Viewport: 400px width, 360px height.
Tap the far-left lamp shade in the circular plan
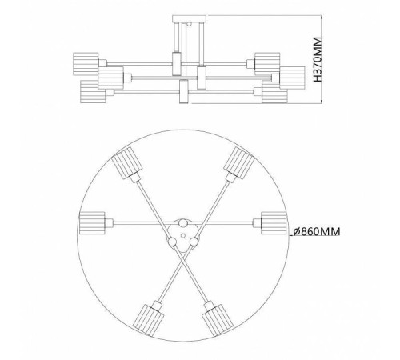click(93, 222)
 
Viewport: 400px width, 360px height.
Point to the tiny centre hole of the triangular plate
click(182, 234)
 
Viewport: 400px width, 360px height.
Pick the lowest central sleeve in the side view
click(183, 95)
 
